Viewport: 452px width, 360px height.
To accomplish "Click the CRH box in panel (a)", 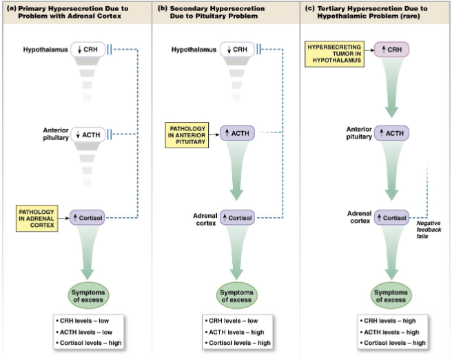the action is click(x=88, y=50).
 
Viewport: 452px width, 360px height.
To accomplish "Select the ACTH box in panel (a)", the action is click(x=88, y=134).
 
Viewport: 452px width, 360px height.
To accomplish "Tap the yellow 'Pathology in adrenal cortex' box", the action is click(x=37, y=219).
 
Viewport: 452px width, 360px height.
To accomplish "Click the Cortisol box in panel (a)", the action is click(x=88, y=218).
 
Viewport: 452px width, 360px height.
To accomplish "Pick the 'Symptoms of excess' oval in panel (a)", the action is click(x=88, y=296).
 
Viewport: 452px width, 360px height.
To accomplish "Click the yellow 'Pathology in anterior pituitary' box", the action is click(x=187, y=135).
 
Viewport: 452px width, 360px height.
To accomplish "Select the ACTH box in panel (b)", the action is click(x=237, y=133).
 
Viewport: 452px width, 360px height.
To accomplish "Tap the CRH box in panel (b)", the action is click(x=237, y=50).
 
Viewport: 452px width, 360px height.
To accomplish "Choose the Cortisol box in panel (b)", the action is click(x=237, y=218).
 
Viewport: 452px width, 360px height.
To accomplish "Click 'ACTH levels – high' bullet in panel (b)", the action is click(x=234, y=332).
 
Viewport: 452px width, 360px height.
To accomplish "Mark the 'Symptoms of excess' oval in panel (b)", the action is click(x=236, y=296).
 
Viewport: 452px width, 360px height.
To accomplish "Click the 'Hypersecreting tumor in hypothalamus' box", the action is click(x=334, y=54).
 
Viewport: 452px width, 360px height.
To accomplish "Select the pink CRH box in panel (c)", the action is click(x=391, y=50).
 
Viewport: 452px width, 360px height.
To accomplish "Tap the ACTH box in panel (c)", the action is click(x=391, y=133).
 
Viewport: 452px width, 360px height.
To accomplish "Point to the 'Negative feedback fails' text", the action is click(x=429, y=230).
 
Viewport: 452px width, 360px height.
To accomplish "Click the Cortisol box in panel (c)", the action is click(x=391, y=218).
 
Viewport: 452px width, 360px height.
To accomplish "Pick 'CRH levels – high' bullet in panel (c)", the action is click(x=388, y=321).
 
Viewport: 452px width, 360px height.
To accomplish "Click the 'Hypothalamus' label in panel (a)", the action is click(x=45, y=50).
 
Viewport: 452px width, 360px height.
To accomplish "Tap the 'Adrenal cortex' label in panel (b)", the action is click(x=205, y=219).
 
